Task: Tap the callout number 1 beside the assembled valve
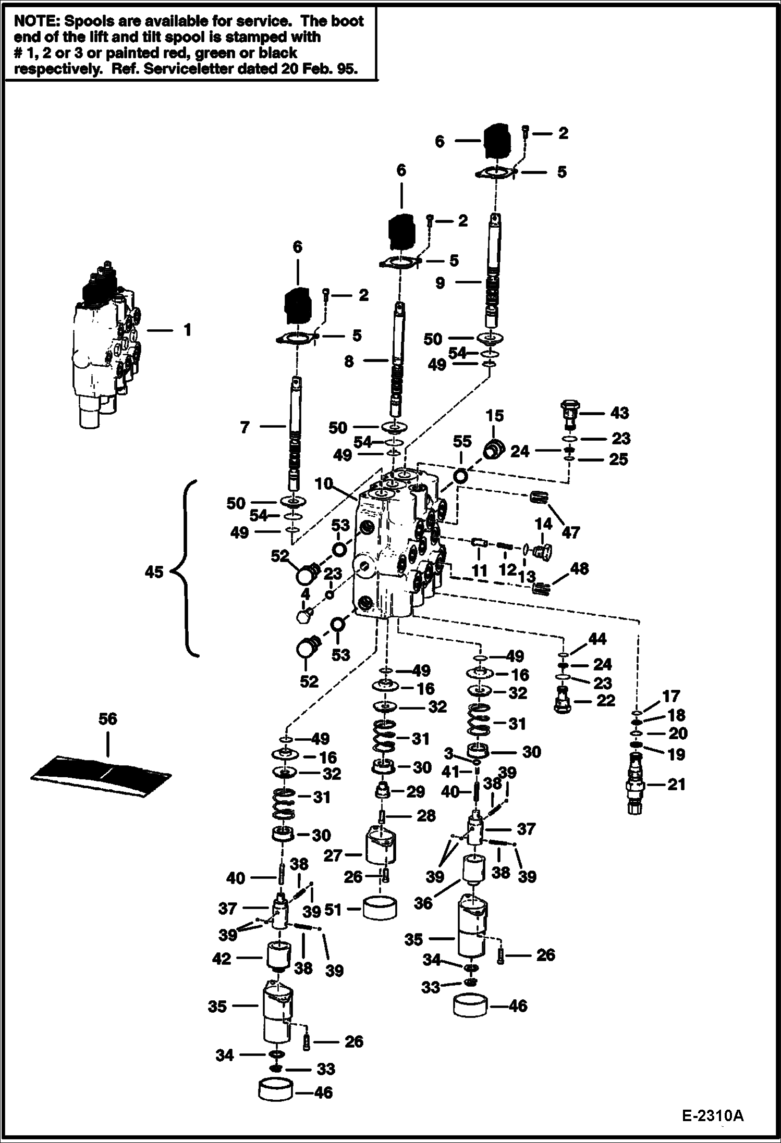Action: pyautogui.click(x=187, y=330)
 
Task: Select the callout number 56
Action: pyautogui.click(x=108, y=719)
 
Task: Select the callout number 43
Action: pyautogui.click(x=619, y=413)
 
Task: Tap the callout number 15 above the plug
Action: pyautogui.click(x=495, y=416)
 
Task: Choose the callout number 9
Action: pyautogui.click(x=441, y=283)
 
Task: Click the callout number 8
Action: pyautogui.click(x=349, y=361)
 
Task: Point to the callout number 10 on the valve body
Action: pyautogui.click(x=323, y=483)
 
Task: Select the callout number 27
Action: pyautogui.click(x=332, y=855)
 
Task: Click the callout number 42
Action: pyautogui.click(x=222, y=958)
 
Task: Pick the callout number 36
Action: pyautogui.click(x=423, y=903)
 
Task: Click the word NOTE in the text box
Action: pyautogui.click(x=34, y=21)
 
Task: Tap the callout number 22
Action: pyautogui.click(x=605, y=700)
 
